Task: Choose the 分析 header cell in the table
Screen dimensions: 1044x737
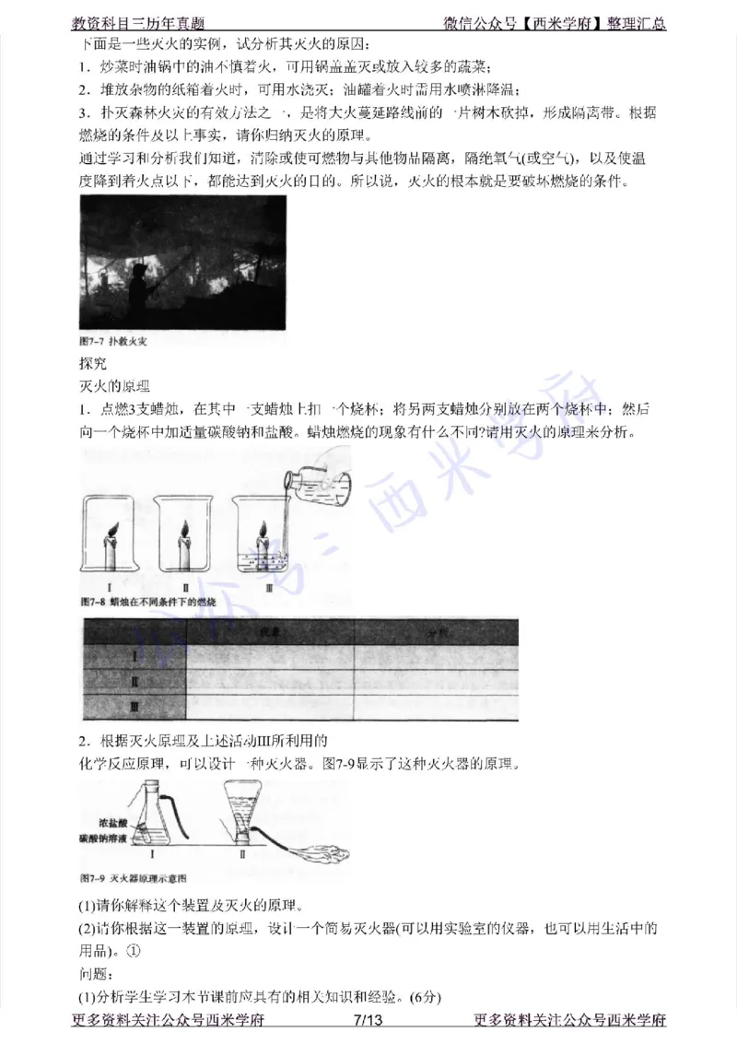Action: (436, 632)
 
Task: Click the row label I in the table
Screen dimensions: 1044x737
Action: (134, 657)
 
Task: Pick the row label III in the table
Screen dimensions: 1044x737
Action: (134, 707)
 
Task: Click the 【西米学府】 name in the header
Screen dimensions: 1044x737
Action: (557, 24)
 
